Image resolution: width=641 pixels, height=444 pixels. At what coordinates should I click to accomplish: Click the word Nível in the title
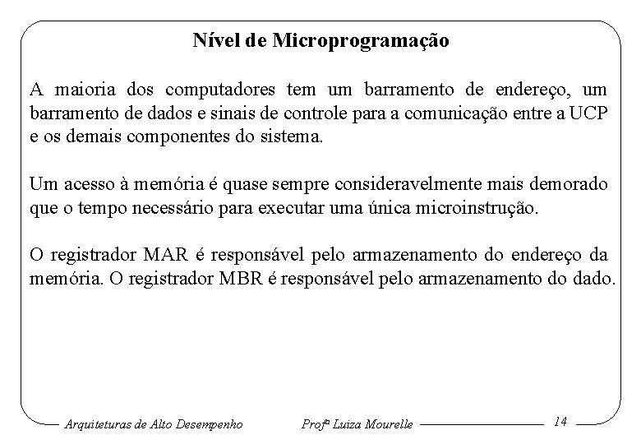215,39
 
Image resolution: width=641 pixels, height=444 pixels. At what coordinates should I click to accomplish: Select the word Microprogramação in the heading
356,40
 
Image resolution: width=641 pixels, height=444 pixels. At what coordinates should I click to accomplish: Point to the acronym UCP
590,113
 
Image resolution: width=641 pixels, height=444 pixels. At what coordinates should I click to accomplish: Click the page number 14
560,421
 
